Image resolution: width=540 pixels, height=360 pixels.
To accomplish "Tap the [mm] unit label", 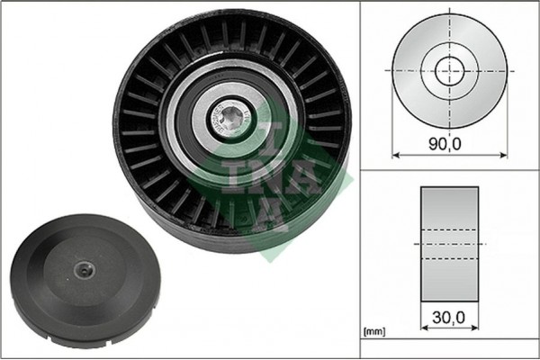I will click(x=374, y=334).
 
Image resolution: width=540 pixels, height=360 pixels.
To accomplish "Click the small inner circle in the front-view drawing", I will click(x=448, y=69).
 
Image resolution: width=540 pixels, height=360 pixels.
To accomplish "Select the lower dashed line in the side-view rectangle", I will click(x=449, y=259).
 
